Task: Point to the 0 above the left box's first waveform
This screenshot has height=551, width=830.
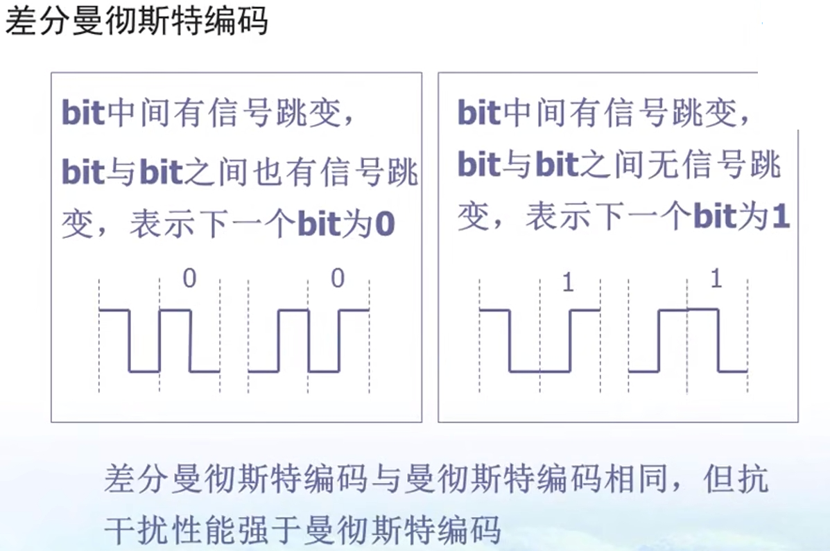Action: click(189, 279)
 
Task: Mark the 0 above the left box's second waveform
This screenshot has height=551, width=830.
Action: click(338, 279)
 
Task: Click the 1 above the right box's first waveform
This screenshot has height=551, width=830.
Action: click(568, 283)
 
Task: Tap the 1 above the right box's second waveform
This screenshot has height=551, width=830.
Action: click(716, 279)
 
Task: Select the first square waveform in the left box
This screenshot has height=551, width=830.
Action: click(159, 340)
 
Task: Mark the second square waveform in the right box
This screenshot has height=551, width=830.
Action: click(687, 340)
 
